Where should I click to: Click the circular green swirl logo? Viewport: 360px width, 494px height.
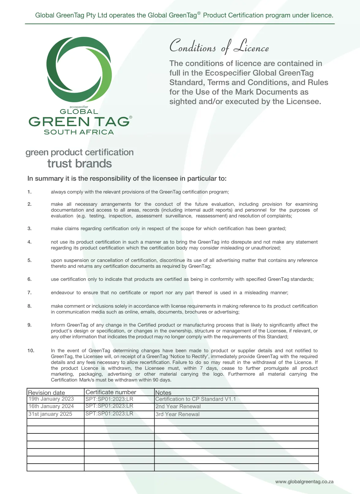tap(79, 69)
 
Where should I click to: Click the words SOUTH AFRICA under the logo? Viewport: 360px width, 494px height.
tap(79, 132)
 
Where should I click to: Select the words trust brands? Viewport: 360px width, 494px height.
tap(80, 164)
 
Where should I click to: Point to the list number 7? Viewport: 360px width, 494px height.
tap(29, 293)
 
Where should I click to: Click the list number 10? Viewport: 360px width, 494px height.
tap(31, 350)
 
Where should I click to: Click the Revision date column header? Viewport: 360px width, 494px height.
tap(47, 392)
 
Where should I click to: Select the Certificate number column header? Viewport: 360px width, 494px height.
tap(111, 392)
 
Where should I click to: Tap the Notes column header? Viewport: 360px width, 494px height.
tap(163, 392)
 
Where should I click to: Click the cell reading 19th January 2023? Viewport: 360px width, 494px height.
tap(51, 399)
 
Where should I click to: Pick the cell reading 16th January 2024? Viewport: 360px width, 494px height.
tap(51, 406)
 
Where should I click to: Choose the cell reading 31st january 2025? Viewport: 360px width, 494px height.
tap(50, 414)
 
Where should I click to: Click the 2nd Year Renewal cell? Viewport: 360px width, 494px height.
tap(178, 406)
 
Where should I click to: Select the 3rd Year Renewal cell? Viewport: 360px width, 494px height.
tap(177, 414)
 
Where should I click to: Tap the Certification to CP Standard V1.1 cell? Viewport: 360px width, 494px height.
tap(195, 399)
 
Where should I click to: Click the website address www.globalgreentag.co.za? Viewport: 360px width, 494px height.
tap(304, 481)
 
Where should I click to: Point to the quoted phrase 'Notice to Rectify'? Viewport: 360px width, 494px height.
tap(189, 356)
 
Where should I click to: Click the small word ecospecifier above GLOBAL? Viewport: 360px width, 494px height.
tap(79, 107)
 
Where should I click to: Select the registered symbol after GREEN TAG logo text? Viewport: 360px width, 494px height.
tap(131, 117)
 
